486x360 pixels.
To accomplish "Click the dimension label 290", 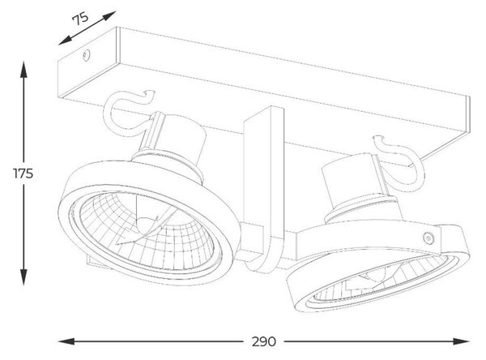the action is pyautogui.click(x=263, y=341).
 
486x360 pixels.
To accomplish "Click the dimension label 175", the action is pyautogui.click(x=23, y=174).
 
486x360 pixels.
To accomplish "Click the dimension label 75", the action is pyautogui.click(x=80, y=19).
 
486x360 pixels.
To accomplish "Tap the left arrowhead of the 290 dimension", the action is pyautogui.click(x=66, y=341).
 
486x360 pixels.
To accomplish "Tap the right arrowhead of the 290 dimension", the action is pyautogui.click(x=461, y=341).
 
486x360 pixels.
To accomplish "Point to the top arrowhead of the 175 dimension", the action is pyautogui.click(x=23, y=69).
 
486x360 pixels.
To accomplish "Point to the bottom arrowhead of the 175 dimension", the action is pyautogui.click(x=23, y=277).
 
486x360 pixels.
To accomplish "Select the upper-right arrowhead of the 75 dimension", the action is pyautogui.click(x=109, y=15).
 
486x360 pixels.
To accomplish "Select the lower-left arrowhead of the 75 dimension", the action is pyautogui.click(x=66, y=41).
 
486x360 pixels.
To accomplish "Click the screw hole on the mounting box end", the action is pyautogui.click(x=87, y=55).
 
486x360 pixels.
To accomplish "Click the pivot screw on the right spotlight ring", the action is pyautogui.click(x=428, y=238).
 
